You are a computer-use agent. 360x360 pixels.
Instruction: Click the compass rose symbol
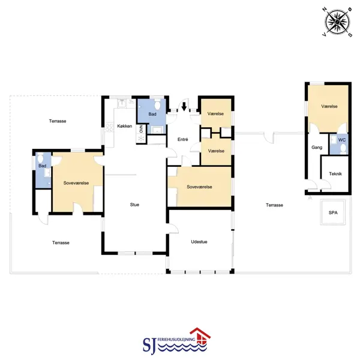coord(337,22)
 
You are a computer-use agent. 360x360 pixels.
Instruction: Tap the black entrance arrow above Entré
coord(184,107)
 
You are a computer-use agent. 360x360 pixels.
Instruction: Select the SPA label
coord(333,212)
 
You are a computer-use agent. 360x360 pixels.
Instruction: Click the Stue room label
coord(134,205)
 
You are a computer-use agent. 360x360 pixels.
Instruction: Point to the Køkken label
coord(125,126)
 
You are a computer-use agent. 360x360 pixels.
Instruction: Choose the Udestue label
coord(199,242)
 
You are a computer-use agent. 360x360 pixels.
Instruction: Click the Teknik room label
coord(335,174)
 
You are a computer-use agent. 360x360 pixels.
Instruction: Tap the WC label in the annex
coord(342,140)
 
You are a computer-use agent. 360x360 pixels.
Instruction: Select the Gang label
coord(317,148)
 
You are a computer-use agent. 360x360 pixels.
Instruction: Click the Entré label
coord(183,139)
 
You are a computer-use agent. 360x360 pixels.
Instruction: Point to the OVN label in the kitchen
coord(141,129)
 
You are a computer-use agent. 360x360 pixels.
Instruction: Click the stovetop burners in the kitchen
coord(110,128)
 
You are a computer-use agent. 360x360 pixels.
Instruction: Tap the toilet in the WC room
coord(343,149)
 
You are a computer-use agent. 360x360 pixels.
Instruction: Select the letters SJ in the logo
coord(149,345)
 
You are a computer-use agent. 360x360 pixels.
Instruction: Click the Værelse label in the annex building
coord(329,106)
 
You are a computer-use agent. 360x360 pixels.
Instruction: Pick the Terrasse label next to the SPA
coord(274,205)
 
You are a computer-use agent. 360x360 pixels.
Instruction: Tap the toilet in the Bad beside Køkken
coord(157,105)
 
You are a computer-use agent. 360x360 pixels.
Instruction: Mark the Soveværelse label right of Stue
coord(199,187)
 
